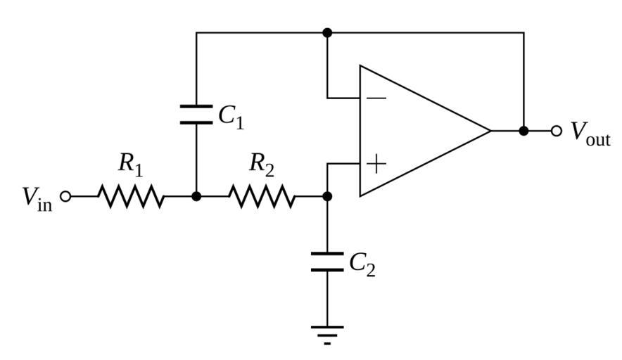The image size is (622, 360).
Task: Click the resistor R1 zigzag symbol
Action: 131,196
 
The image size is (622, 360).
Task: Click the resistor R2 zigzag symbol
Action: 262,196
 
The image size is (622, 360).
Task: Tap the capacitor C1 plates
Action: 196,115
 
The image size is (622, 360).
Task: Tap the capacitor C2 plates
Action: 326,262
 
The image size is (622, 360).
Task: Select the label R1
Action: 130,165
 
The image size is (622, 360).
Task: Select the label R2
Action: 262,165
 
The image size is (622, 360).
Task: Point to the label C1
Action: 231,117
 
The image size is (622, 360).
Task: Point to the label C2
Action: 362,264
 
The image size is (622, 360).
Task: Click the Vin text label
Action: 37,198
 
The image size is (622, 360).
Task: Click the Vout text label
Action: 590,133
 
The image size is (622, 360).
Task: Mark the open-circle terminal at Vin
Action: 65,196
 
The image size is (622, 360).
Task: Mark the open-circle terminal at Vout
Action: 557,131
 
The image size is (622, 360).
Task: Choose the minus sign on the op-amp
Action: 376,98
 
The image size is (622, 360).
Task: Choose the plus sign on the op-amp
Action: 376,164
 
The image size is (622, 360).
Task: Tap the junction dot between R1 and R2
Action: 196,196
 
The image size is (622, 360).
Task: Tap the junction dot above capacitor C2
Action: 326,196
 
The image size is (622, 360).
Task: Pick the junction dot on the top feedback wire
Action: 326,32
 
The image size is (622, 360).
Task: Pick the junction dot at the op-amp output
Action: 523,131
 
